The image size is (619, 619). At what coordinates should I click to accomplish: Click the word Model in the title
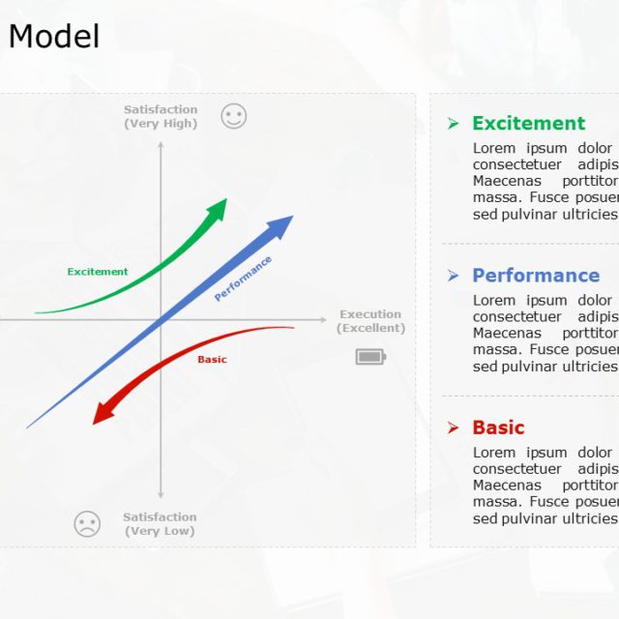54,37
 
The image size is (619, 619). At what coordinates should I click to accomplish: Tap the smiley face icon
234,117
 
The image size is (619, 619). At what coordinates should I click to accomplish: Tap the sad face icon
87,524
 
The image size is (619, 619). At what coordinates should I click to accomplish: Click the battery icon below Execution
369,357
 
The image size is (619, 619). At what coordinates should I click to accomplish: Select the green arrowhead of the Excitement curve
219,207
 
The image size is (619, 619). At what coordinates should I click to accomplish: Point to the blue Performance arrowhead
281,225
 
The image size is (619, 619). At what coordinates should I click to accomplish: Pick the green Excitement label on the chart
98,272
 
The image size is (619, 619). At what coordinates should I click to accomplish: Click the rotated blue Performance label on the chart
243,279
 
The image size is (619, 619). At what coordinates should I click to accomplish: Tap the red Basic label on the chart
212,360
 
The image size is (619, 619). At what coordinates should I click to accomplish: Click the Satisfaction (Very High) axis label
161,117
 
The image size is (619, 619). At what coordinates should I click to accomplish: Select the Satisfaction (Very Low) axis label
160,524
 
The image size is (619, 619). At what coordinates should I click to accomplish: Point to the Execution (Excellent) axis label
370,321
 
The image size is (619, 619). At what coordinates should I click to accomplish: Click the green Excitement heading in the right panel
528,123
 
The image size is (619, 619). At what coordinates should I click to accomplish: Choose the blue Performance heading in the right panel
536,276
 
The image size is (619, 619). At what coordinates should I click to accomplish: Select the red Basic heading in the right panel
498,427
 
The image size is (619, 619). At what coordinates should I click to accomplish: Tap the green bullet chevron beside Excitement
453,123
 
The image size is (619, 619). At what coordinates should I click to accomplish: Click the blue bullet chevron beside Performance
453,276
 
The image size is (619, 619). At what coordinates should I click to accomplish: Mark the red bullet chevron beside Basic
453,427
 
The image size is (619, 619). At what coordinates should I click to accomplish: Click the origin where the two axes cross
162,319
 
